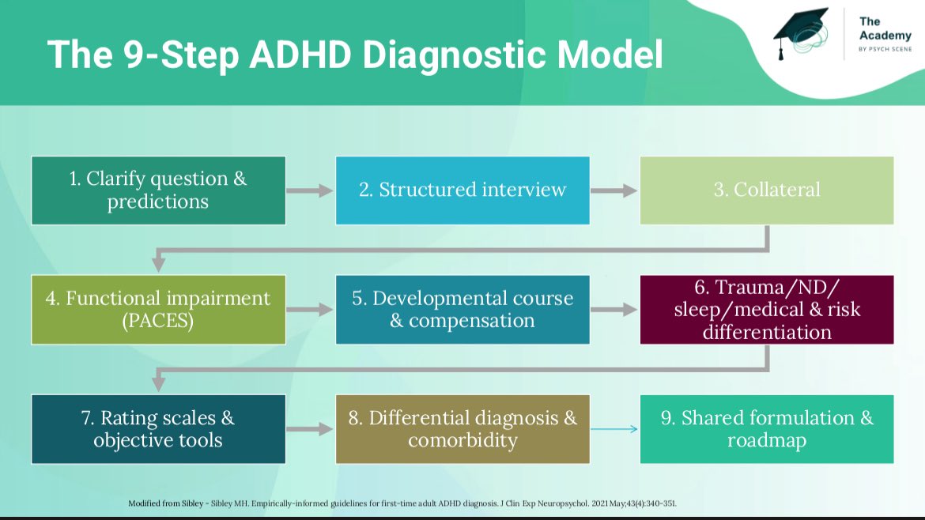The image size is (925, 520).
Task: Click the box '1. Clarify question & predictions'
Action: (158, 190)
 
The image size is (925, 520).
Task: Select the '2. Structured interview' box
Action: (462, 190)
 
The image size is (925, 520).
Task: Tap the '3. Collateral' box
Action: (767, 190)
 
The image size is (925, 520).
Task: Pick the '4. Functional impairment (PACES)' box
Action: (158, 310)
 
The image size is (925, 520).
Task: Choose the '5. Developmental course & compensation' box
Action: (462, 310)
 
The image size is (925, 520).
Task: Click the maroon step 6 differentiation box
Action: (767, 310)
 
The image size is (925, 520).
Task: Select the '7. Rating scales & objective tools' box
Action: (158, 429)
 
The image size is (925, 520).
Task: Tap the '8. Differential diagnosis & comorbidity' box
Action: (462, 429)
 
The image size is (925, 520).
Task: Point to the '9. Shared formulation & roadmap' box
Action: (767, 429)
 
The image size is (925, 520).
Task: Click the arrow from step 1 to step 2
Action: (310, 190)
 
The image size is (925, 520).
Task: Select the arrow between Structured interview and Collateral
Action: (614, 190)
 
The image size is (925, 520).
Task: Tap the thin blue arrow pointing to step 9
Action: (614, 429)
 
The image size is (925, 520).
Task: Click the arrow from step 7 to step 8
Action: (310, 429)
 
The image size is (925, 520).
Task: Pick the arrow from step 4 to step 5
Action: (310, 310)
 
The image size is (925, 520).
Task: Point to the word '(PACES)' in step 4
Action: (158, 322)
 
